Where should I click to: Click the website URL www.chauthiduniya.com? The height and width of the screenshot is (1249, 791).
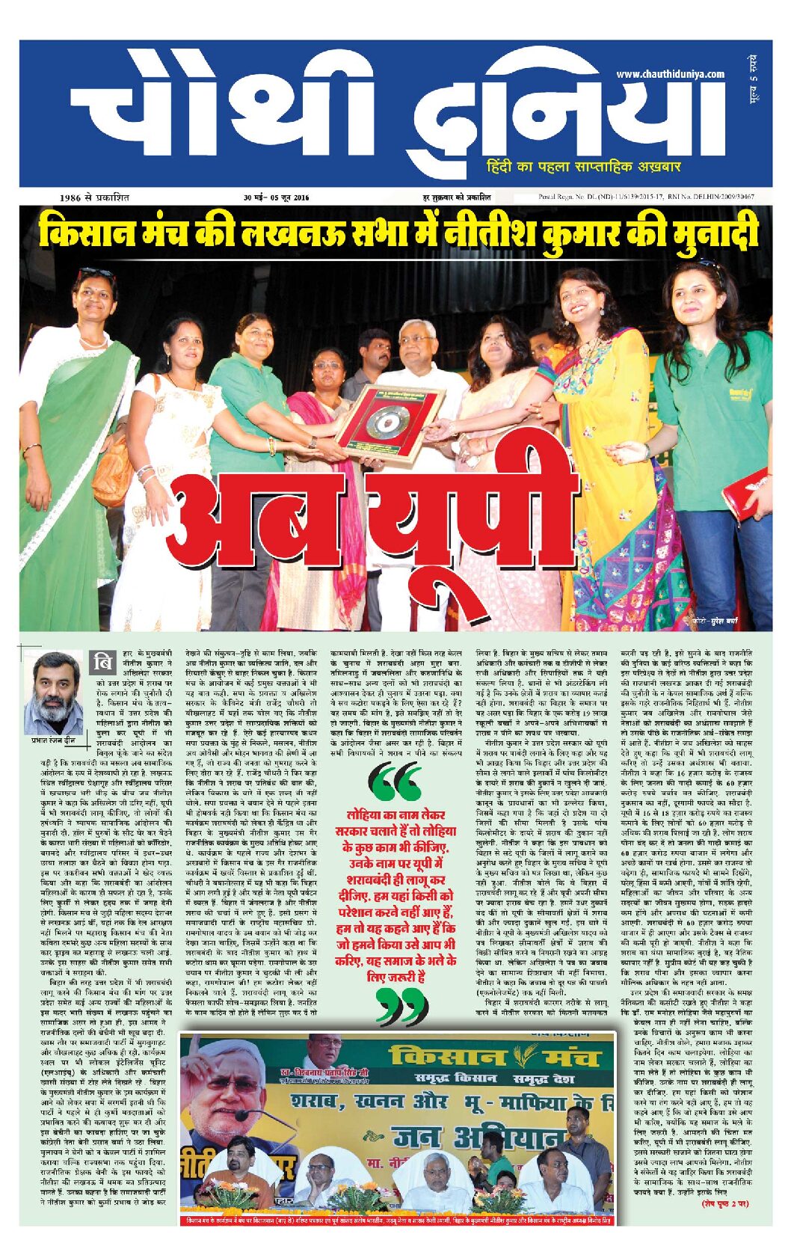point(670,74)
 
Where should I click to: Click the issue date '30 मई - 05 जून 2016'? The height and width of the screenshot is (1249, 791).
point(276,197)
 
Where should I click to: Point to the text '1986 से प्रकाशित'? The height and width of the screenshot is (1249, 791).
point(95,197)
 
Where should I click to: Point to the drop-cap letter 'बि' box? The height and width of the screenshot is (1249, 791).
point(102,663)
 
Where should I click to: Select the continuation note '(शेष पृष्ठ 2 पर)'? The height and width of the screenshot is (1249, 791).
point(724,1203)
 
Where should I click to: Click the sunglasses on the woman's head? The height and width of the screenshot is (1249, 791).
point(95,273)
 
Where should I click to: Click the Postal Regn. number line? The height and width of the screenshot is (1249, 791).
point(645,197)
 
